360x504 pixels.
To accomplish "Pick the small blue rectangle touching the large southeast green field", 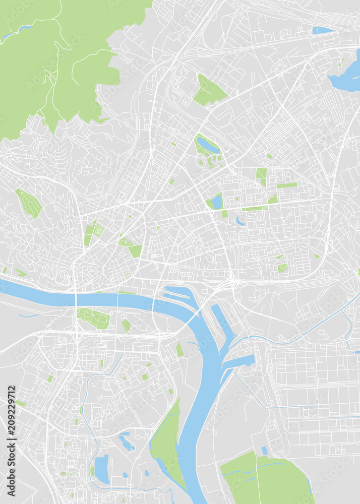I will pyautogui.click(x=264, y=450).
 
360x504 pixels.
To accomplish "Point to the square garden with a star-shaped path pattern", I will pyautogui.click(x=99, y=230).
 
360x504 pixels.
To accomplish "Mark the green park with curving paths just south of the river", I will pyautogui.click(x=94, y=318).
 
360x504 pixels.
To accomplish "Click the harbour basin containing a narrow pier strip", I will pyautogui.click(x=179, y=295).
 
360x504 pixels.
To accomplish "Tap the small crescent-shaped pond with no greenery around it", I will pyautogui.click(x=240, y=221).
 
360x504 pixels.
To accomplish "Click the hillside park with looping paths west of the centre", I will pyautogui.click(x=29, y=203).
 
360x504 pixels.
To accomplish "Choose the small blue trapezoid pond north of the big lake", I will pyautogui.click(x=323, y=30).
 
